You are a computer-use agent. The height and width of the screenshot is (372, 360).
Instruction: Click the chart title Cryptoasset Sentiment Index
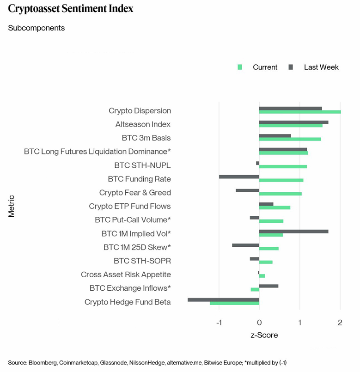point(71,9)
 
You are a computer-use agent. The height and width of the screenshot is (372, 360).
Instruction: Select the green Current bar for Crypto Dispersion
point(299,112)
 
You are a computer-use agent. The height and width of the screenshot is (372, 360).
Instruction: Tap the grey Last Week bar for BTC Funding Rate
point(239,177)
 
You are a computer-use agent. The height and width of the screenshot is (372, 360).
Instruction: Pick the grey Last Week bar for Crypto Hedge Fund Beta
point(223,299)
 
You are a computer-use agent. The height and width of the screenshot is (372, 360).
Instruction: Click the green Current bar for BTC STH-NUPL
point(283,166)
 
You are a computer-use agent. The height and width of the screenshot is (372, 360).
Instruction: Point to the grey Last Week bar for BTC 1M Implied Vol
point(293,231)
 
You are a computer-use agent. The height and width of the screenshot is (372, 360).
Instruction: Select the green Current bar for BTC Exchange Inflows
point(255,289)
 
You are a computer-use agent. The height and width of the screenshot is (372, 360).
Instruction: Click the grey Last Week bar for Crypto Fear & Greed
point(247,190)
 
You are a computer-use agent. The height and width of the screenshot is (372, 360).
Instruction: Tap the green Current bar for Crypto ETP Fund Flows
point(275,207)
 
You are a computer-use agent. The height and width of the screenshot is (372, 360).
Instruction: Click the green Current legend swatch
point(240,67)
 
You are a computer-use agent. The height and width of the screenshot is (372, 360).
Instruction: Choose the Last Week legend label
point(321,67)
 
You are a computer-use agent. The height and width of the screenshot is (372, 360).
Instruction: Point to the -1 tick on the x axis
point(219,323)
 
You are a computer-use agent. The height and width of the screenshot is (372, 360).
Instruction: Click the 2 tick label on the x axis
point(340,323)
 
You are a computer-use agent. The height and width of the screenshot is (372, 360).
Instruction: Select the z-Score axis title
point(264,335)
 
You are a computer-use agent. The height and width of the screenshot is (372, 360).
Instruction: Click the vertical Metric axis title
point(12,206)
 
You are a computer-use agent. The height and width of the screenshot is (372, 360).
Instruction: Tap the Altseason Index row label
point(143,124)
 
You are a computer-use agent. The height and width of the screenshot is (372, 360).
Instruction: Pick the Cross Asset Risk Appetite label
point(126,274)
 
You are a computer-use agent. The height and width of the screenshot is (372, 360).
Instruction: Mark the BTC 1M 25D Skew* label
point(137,247)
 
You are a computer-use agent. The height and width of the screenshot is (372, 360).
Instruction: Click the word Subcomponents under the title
point(37,28)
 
